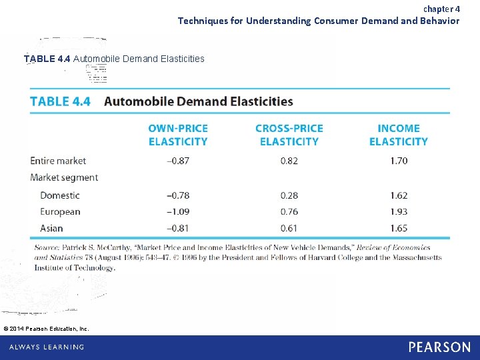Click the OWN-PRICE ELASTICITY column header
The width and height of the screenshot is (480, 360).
tap(178, 135)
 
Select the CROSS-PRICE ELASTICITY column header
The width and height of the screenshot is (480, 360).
tap(289, 135)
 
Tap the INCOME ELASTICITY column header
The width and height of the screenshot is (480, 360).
tap(399, 135)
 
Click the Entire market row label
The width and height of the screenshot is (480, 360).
tap(58, 161)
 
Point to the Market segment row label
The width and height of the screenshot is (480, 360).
tap(64, 177)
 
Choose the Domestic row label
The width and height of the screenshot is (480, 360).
tap(60, 195)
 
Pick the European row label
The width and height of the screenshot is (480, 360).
tap(60, 212)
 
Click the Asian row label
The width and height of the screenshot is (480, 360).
tap(51, 228)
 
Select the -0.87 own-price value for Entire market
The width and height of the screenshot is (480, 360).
tap(178, 161)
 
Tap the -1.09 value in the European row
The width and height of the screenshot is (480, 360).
tap(178, 212)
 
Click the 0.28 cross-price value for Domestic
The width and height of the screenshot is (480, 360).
tap(289, 195)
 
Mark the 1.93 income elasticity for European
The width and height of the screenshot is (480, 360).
tap(399, 212)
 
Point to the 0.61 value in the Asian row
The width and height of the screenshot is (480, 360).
tap(289, 228)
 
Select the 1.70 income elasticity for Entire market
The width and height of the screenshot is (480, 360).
tap(399, 161)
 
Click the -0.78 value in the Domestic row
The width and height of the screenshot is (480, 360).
tap(178, 195)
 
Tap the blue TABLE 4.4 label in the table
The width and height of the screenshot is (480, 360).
tap(59, 101)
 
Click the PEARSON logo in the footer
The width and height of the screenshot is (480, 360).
tap(439, 347)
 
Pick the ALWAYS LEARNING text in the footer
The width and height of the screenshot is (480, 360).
tap(47, 347)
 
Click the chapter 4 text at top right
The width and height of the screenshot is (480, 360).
tap(441, 9)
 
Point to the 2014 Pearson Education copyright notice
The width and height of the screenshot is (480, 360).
tap(46, 328)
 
